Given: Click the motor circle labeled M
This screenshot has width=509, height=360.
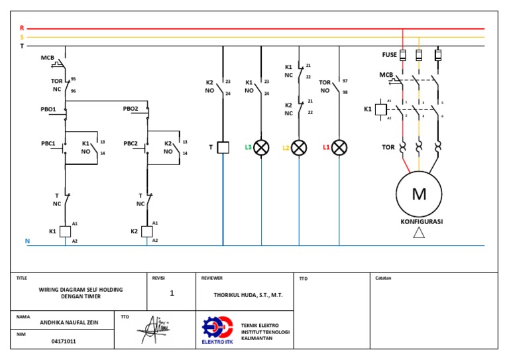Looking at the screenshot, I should point(419,194).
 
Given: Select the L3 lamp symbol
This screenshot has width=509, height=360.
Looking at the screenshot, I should point(262,147).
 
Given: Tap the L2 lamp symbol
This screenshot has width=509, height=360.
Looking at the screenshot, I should point(299,147).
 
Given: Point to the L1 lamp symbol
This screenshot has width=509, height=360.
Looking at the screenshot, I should point(339,147).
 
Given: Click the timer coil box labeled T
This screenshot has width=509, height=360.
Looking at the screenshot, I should point(223,147).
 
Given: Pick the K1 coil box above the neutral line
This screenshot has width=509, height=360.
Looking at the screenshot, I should point(65,231).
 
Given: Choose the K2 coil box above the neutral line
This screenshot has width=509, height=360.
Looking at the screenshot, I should point(147,231).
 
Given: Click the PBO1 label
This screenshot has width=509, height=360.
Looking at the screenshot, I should point(49,109).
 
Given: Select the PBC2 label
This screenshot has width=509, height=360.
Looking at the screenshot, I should point(131,143).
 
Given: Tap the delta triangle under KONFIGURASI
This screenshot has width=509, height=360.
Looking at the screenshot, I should point(418,232).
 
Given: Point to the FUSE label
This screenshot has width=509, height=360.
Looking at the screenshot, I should point(389,54).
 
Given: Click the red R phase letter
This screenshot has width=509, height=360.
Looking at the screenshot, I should point(22,28).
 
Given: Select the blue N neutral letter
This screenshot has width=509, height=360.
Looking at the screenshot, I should point(27,241).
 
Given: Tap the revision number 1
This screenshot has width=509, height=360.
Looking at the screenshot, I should point(172,292).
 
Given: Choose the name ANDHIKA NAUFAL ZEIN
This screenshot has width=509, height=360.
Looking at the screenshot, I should point(64,324).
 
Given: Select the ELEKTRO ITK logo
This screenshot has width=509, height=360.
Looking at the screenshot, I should point(217,330).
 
